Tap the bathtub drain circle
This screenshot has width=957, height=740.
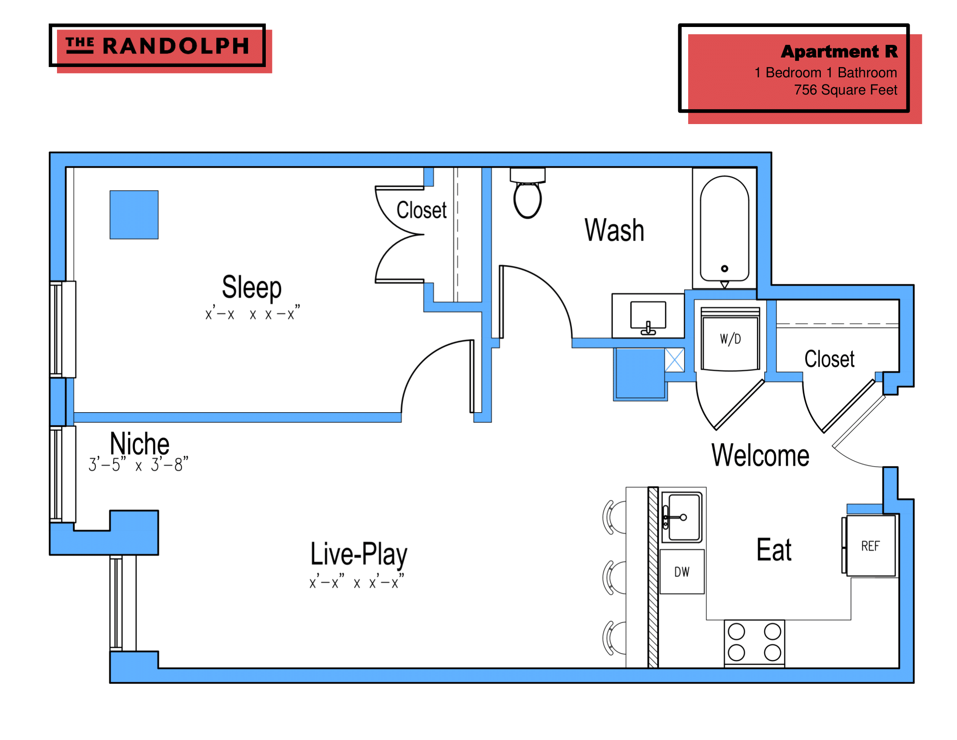(724, 268)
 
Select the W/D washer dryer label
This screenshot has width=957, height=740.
(730, 339)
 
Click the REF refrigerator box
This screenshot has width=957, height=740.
(870, 546)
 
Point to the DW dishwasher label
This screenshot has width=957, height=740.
(682, 572)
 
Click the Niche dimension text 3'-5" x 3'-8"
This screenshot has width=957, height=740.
(138, 464)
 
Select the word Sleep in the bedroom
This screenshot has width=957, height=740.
(251, 287)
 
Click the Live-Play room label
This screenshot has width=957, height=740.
(359, 554)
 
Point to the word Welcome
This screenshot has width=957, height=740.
(760, 455)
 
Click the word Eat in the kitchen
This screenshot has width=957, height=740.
(774, 550)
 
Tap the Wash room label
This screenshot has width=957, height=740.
(614, 230)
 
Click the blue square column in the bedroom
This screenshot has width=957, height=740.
(134, 215)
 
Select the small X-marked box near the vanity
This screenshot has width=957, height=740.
(674, 360)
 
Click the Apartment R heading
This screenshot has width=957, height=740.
(839, 52)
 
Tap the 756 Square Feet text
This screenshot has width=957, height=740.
(845, 90)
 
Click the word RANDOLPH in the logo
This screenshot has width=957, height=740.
(176, 46)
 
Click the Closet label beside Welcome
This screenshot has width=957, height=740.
(829, 359)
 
